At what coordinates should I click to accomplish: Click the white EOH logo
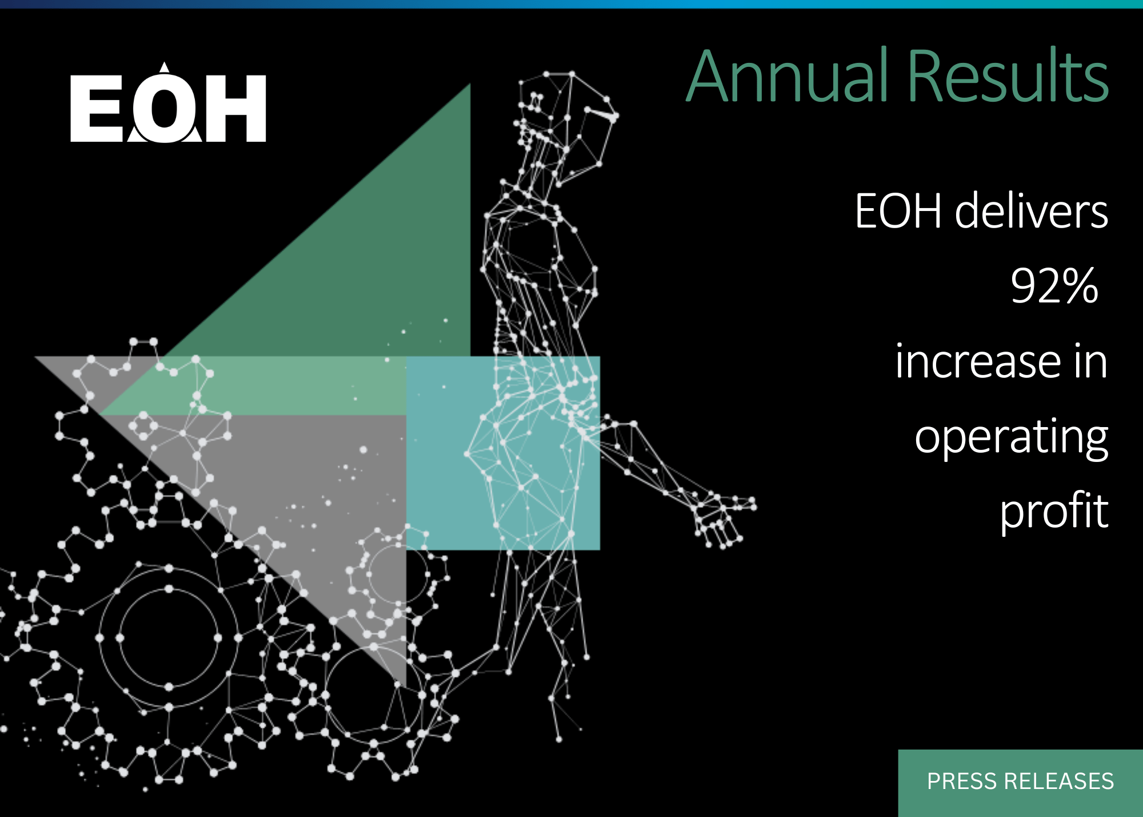(x=168, y=103)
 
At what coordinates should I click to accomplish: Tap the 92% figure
(x=1054, y=285)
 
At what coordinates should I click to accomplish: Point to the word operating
(x=1012, y=438)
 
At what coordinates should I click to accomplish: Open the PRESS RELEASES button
(x=1021, y=783)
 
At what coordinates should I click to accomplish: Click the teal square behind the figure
(x=503, y=453)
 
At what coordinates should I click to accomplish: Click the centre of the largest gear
(x=169, y=638)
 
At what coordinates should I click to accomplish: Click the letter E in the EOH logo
(x=97, y=109)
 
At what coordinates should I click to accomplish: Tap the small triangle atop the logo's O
(x=165, y=67)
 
